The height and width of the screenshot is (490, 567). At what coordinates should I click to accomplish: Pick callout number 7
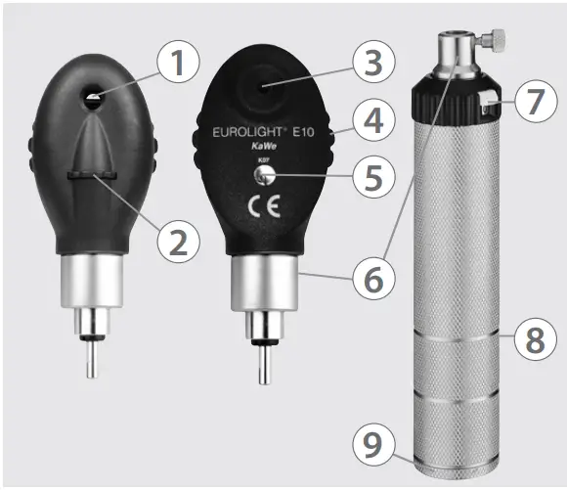(x=532, y=104)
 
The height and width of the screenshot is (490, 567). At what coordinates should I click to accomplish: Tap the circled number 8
(x=534, y=341)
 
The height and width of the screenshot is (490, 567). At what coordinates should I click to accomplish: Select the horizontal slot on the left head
(x=94, y=174)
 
